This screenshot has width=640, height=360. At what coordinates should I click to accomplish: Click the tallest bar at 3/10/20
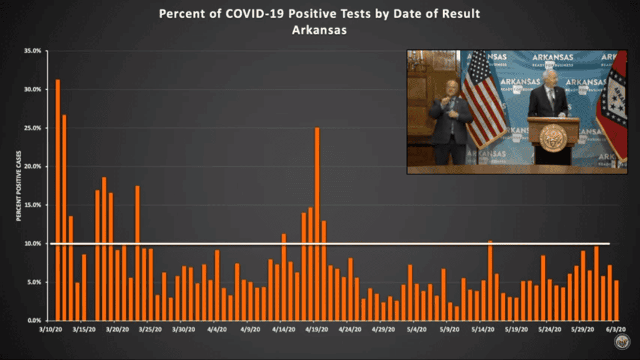57,200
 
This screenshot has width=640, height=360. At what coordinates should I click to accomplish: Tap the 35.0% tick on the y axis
32,51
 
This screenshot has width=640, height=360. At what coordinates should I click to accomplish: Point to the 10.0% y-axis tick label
32,243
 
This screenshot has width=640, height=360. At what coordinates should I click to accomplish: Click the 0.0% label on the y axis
33,320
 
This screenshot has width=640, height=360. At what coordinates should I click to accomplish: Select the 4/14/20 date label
283,327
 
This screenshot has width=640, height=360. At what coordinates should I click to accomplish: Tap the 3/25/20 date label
150,327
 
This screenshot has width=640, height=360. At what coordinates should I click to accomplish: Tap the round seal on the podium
552,137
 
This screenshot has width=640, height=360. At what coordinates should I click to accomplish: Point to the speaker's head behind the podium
550,78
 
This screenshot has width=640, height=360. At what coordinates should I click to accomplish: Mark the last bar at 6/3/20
616,301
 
